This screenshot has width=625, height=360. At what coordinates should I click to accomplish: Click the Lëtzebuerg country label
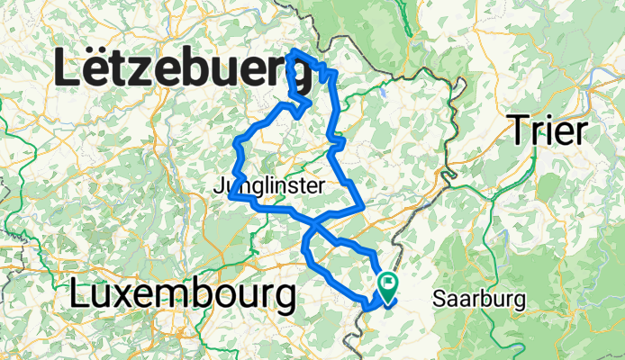coord(185,69)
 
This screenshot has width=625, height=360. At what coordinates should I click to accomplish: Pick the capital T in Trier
coord(518,131)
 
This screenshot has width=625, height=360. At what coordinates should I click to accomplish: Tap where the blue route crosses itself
coord(312,221)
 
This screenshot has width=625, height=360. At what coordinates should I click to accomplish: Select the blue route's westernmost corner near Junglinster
coord(231,193)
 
